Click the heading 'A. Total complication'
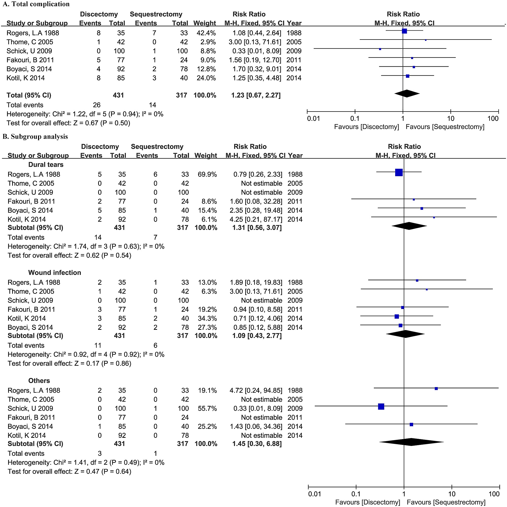(x=36, y=4)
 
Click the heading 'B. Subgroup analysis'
(x=35, y=136)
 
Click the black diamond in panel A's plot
(x=407, y=94)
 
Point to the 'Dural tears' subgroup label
(x=46, y=165)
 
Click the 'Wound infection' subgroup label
(x=55, y=273)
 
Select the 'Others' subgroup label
(x=39, y=381)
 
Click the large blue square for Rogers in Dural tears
(x=399, y=172)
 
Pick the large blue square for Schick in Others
(x=381, y=407)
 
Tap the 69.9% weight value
(x=207, y=174)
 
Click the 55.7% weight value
(x=207, y=409)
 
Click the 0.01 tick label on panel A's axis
(x=313, y=119)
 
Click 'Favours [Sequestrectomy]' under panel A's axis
(x=445, y=127)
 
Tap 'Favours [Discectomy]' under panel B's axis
(x=368, y=502)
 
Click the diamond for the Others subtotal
(x=411, y=442)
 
